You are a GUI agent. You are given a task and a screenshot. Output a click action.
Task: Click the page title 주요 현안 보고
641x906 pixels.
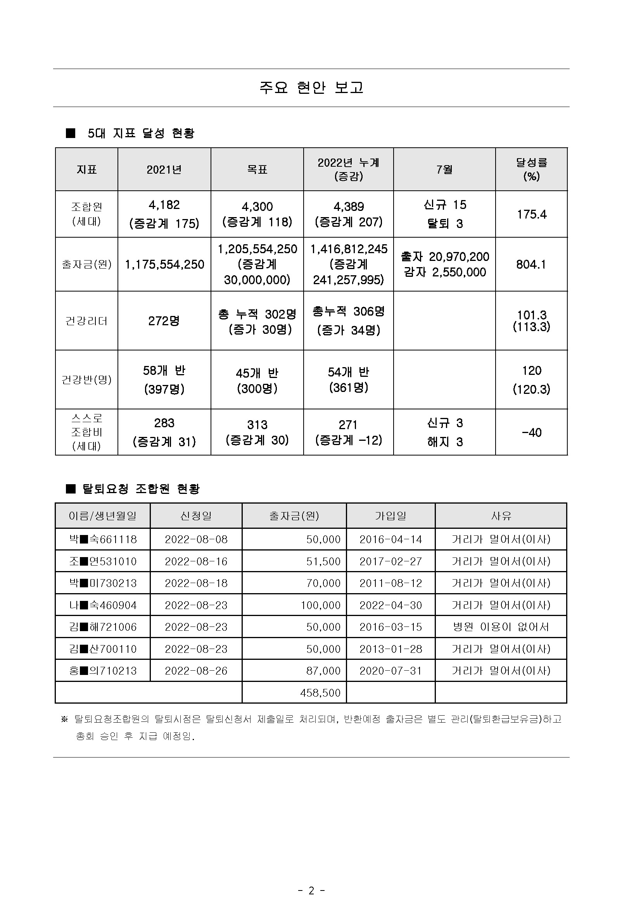(311, 88)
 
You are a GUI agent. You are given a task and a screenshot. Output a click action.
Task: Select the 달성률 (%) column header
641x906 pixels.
(531, 169)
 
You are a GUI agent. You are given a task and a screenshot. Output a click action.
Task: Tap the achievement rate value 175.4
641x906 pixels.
(531, 214)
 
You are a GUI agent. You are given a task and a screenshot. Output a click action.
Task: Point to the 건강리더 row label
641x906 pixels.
(86, 321)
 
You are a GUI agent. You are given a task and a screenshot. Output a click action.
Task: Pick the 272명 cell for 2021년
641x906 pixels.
(164, 321)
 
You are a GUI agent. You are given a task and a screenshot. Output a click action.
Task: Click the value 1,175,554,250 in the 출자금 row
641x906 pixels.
(164, 264)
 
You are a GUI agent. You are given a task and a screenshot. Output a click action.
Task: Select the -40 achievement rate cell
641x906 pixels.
(531, 433)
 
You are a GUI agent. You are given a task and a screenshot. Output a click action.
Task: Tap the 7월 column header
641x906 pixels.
(444, 169)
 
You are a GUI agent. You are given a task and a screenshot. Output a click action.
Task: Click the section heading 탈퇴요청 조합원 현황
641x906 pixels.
(140, 489)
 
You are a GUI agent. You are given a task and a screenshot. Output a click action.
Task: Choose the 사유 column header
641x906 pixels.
(501, 516)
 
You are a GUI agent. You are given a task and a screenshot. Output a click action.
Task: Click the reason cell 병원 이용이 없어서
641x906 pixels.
(501, 627)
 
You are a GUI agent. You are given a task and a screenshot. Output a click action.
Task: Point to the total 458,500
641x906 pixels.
(320, 693)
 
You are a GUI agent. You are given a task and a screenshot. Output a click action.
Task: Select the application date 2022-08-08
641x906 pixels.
(196, 539)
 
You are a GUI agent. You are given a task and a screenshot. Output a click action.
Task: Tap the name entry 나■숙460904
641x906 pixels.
(103, 605)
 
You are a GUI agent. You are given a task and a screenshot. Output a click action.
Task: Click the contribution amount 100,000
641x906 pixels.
(320, 605)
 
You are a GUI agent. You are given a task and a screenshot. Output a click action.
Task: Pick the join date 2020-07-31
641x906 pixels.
(390, 671)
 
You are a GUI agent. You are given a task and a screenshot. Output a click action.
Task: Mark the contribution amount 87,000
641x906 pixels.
(323, 671)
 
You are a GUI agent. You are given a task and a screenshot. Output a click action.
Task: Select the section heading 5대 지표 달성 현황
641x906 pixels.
(140, 133)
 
